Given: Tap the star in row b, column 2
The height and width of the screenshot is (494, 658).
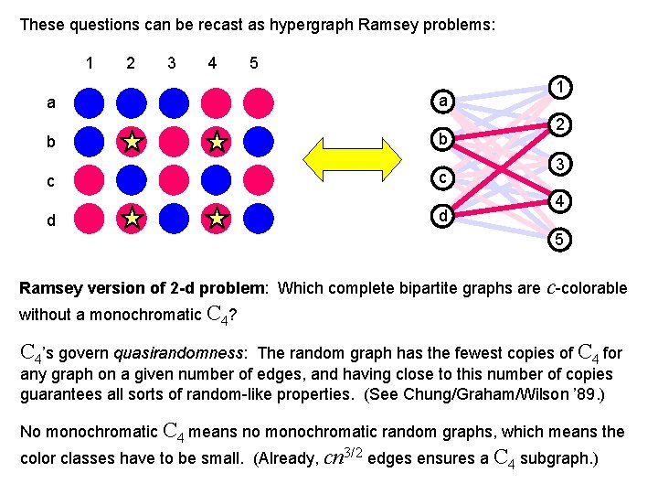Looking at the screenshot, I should click(x=132, y=142).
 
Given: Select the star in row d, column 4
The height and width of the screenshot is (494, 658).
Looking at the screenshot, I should click(x=217, y=220).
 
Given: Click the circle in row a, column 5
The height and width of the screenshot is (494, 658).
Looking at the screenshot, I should click(x=259, y=102).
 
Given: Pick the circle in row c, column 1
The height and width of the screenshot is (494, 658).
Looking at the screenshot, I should click(x=90, y=180).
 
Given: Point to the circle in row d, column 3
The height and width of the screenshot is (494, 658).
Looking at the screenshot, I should click(x=174, y=220).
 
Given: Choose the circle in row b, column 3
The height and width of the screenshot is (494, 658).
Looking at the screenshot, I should click(x=174, y=142).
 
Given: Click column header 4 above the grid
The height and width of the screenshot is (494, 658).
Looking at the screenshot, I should click(x=212, y=63).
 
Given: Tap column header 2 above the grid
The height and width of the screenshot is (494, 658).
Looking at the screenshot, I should click(x=131, y=63).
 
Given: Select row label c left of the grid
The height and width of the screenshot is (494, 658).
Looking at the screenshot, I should click(x=51, y=181).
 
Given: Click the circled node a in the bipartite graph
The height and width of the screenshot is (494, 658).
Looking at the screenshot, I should click(x=442, y=101).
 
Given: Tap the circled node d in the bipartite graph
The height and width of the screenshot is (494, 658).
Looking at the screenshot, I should click(x=442, y=217).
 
